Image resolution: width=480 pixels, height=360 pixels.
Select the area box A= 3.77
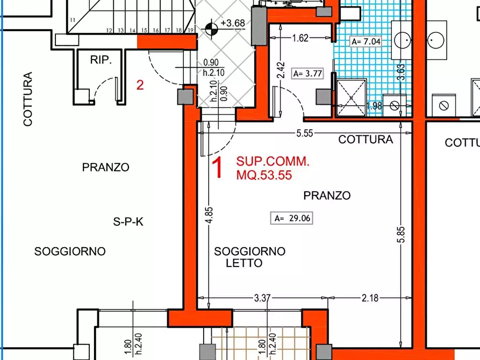307,74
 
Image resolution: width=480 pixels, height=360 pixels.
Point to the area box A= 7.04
366,41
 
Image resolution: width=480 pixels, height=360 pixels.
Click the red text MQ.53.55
264,175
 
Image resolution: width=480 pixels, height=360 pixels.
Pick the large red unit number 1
218,168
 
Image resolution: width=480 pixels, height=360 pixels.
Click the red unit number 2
140,85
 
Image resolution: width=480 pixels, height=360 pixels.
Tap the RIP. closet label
101,60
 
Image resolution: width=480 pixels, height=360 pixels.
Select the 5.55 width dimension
304,134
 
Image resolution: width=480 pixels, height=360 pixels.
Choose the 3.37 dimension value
263,298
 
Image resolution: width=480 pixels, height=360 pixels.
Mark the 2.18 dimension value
370,298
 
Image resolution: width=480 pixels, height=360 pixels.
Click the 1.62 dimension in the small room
300,38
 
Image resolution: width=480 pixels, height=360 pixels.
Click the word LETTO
244,263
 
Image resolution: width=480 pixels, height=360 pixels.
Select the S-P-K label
128,221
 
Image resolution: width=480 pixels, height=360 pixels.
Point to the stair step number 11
72,20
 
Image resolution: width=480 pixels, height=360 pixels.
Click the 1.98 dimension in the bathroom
374,106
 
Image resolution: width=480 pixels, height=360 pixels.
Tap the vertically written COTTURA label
28,99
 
